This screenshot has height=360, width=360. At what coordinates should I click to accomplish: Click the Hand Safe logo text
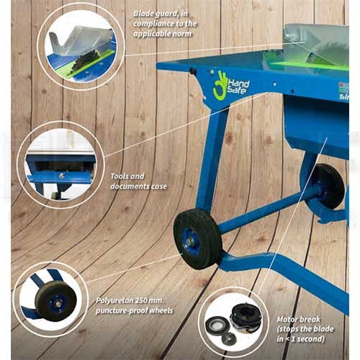pyautogui.click(x=238, y=87)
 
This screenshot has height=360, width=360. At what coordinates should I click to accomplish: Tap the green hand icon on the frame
pyautogui.click(x=219, y=85)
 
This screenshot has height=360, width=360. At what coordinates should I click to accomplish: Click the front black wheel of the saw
pyautogui.click(x=197, y=238)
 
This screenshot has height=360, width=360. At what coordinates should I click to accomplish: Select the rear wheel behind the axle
pyautogui.click(x=328, y=186)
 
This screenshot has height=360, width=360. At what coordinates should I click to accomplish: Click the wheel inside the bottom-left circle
pyautogui.click(x=56, y=301)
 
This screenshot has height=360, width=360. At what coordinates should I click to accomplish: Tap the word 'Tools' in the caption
pyautogui.click(x=119, y=176)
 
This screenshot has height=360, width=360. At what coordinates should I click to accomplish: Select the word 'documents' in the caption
pyautogui.click(x=130, y=186)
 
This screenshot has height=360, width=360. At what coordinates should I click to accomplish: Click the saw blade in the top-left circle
pyautogui.click(x=82, y=61)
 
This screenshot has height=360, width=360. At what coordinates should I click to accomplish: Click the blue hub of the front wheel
pyautogui.click(x=189, y=241)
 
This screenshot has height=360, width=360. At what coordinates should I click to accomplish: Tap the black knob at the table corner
pyautogui.click(x=192, y=71)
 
